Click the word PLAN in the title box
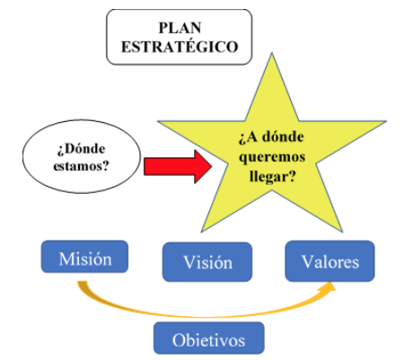tap(180, 28)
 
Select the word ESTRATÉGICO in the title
tap(180, 47)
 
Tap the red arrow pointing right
tap(178, 166)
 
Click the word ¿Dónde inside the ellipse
tap(81, 149)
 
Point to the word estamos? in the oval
tap(81, 165)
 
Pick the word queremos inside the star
tap(272, 158)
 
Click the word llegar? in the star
tap(272, 177)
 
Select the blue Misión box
tap(84, 257)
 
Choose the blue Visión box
tap(207, 262)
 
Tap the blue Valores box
tap(330, 261)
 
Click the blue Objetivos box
tap(209, 338)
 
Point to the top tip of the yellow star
tap(272, 53)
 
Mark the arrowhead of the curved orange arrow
tap(330, 286)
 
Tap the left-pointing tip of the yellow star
tap(158, 121)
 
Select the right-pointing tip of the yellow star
tap(386, 121)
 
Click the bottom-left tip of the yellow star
tap(201, 232)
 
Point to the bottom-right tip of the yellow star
tap(342, 232)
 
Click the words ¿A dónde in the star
tap(271, 137)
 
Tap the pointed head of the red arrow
tap(212, 166)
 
